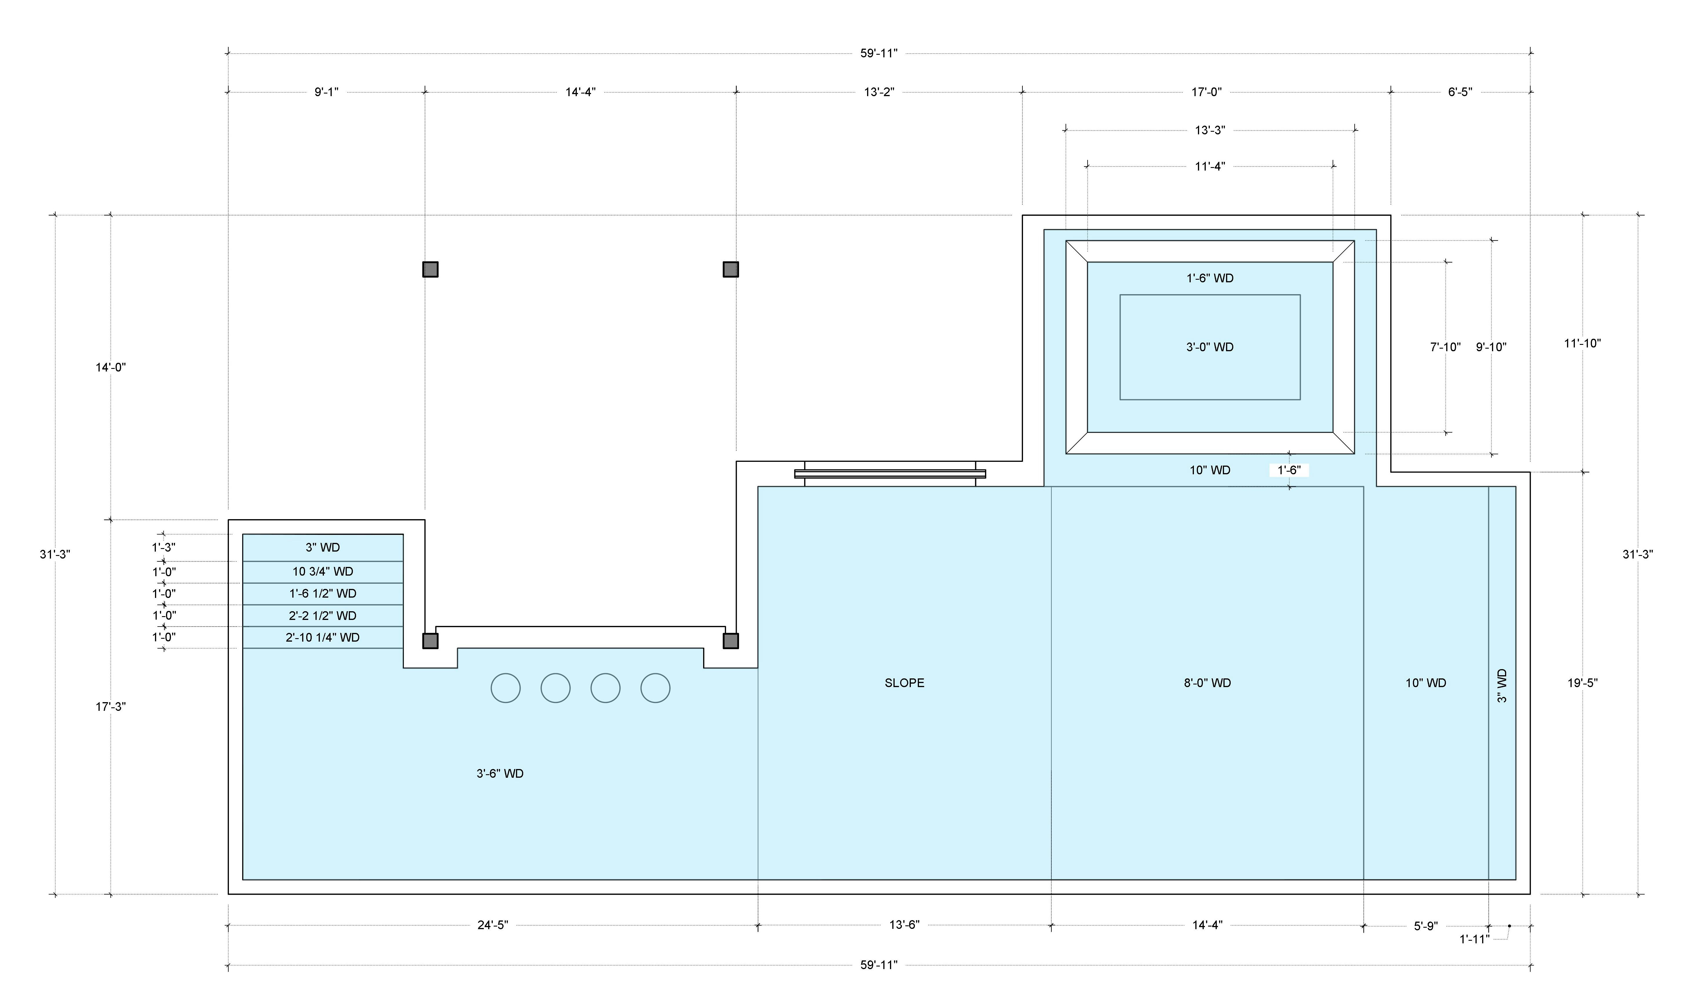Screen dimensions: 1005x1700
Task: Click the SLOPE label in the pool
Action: point(904,683)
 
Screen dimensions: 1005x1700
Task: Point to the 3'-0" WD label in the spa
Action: point(1210,347)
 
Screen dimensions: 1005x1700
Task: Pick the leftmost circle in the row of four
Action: point(506,688)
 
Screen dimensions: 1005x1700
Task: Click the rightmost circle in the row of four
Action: point(655,688)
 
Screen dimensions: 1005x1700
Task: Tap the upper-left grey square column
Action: point(430,270)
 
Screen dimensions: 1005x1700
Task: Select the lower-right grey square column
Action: point(730,641)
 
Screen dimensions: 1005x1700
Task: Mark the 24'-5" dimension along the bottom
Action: point(493,925)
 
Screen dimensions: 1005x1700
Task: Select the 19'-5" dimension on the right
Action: point(1582,683)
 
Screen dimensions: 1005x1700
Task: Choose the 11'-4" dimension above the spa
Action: point(1210,166)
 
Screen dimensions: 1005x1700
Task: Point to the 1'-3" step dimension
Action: point(163,547)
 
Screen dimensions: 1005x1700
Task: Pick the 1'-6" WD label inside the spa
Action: point(1210,278)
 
